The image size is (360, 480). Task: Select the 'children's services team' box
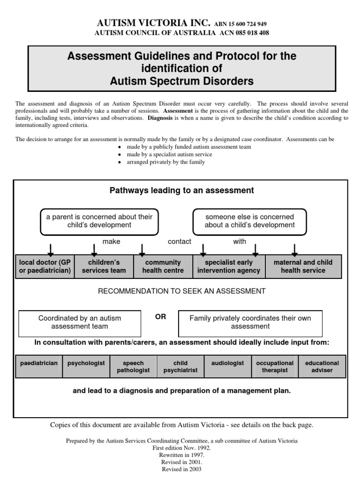tap(104, 267)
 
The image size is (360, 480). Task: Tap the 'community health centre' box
tap(163, 267)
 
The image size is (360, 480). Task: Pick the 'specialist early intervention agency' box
tap(229, 267)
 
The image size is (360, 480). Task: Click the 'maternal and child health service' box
tap(303, 267)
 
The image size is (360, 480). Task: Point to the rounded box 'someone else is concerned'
tap(250, 221)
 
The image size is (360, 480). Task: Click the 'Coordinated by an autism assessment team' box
tap(80, 322)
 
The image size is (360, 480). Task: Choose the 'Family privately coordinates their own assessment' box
tap(250, 322)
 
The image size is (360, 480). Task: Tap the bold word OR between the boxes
tap(160, 317)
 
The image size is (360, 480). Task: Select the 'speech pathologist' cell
tap(133, 367)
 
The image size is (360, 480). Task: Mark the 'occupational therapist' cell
tap(275, 367)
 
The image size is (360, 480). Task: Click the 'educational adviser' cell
tap(322, 367)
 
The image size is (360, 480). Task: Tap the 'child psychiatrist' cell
tap(180, 367)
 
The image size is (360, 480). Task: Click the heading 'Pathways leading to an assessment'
tap(182, 190)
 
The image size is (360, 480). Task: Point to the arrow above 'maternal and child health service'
tap(294, 248)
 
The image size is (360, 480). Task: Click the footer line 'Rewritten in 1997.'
tap(181, 455)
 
